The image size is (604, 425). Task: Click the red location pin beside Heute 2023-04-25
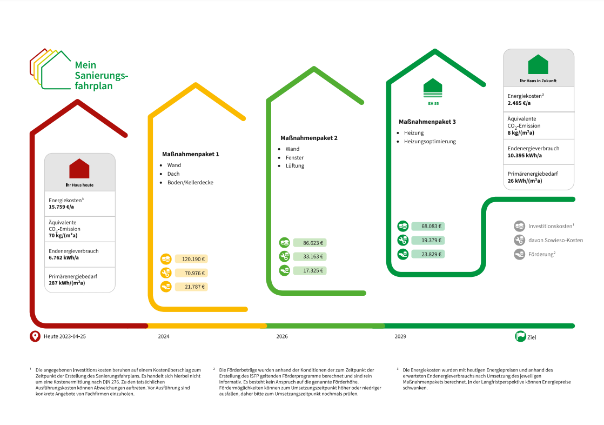35,336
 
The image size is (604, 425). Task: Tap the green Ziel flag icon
520,336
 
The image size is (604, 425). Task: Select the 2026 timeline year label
282,337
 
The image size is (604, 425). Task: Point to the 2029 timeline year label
400,337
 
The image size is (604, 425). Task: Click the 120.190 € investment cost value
193,259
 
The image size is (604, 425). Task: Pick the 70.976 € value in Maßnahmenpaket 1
194,273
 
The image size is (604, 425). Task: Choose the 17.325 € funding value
313,271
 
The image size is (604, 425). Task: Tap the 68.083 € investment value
431,227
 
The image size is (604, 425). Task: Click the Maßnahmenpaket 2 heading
309,138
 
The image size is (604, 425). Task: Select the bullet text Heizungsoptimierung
430,142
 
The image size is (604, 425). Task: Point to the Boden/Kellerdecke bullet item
190,182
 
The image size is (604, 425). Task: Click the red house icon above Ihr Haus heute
79,169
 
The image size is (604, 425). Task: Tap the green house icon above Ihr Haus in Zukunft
538,64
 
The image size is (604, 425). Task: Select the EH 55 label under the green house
433,103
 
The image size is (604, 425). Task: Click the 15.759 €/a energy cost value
61,207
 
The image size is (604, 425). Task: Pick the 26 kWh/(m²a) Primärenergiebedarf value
525,181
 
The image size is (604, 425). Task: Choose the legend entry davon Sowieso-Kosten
555,240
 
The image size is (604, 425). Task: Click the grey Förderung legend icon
519,254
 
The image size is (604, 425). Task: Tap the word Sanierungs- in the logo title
102,76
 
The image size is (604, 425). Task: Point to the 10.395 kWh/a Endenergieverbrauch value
525,155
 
